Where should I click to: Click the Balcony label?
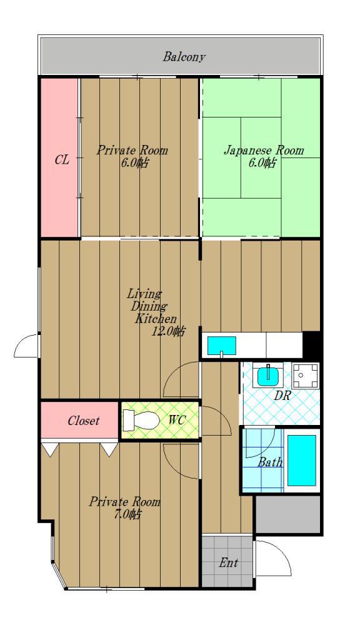tap(184, 57)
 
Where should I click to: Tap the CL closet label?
tap(62, 159)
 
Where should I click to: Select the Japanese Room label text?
tap(264, 150)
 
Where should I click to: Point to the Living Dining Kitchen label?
tap(152, 306)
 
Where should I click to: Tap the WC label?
tap(177, 419)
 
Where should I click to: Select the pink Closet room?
tap(80, 420)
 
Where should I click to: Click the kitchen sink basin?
tap(222, 346)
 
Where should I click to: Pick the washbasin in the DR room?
tap(268, 376)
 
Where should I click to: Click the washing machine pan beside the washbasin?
tap(305, 375)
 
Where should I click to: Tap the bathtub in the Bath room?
tap(302, 460)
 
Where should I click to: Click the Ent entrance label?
tap(228, 563)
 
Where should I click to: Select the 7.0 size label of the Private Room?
tap(127, 514)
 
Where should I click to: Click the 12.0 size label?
tap(167, 331)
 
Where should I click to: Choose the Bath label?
tap(270, 462)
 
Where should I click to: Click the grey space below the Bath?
tap(287, 514)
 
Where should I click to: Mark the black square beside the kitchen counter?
tap(311, 345)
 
